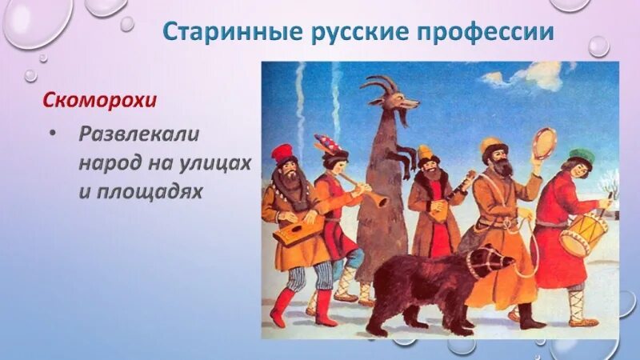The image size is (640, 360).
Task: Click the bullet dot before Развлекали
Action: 53,134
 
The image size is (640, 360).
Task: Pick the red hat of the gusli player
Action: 282,152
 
